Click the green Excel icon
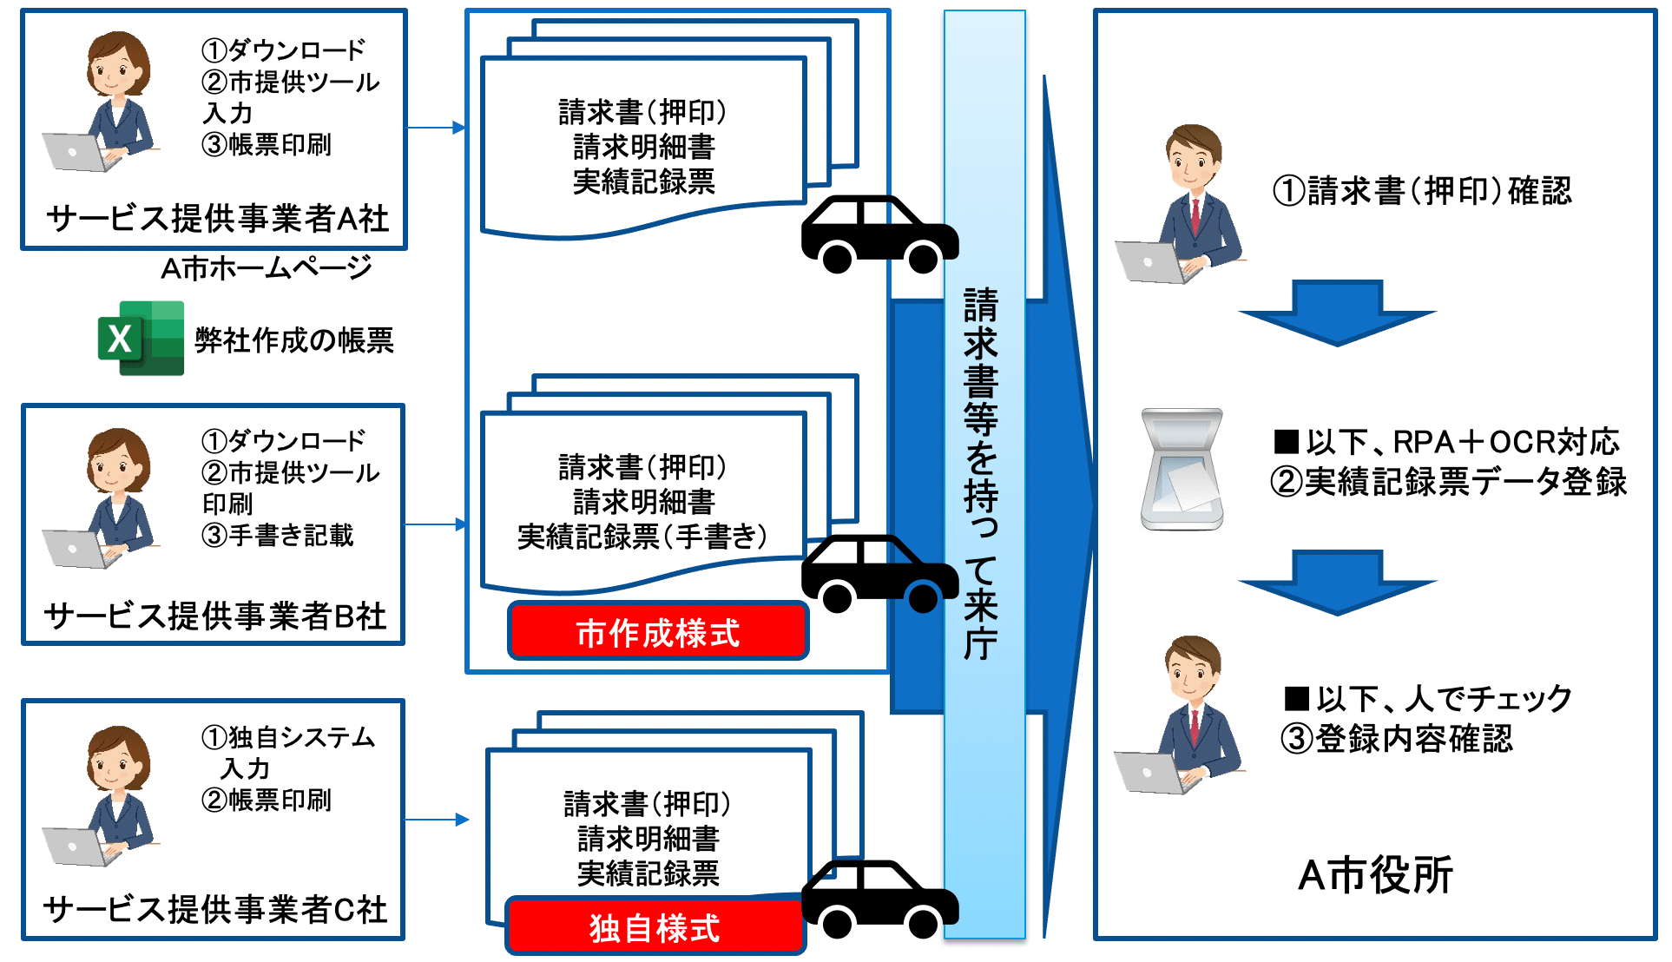(x=142, y=338)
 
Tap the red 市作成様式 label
(x=658, y=632)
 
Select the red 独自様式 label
(x=655, y=927)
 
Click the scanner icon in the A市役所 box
(x=1182, y=470)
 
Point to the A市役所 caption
(x=1374, y=874)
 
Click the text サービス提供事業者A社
(x=217, y=219)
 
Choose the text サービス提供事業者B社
(x=214, y=616)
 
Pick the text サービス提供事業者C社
(x=214, y=909)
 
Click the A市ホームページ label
(x=266, y=267)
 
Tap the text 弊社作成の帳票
(x=294, y=339)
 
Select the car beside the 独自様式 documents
(x=879, y=899)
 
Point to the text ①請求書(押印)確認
(x=1422, y=191)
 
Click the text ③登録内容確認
(x=1396, y=739)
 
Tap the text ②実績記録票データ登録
(x=1448, y=482)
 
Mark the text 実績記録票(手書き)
(x=642, y=537)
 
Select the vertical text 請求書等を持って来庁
(x=982, y=473)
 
